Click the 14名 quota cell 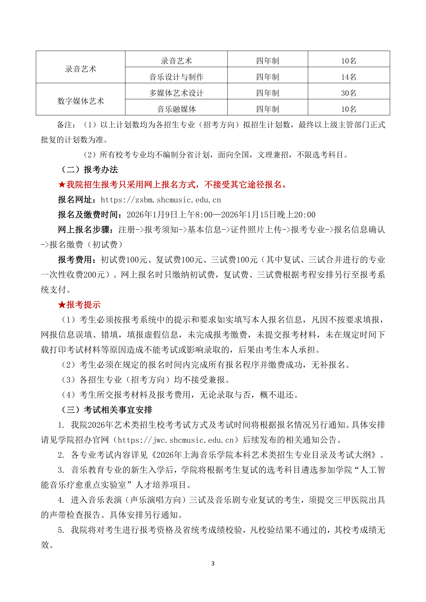pyautogui.click(x=349, y=77)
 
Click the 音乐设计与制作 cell pyautogui.click(x=176, y=77)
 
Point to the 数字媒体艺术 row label pyautogui.click(x=81, y=101)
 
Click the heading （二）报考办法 pyautogui.click(x=89, y=170)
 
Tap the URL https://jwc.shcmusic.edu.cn pyautogui.click(x=175, y=440)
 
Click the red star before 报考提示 pyautogui.click(x=62, y=305)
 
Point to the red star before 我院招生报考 pyautogui.click(x=62, y=185)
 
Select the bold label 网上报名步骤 pyautogui.click(x=85, y=230)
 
